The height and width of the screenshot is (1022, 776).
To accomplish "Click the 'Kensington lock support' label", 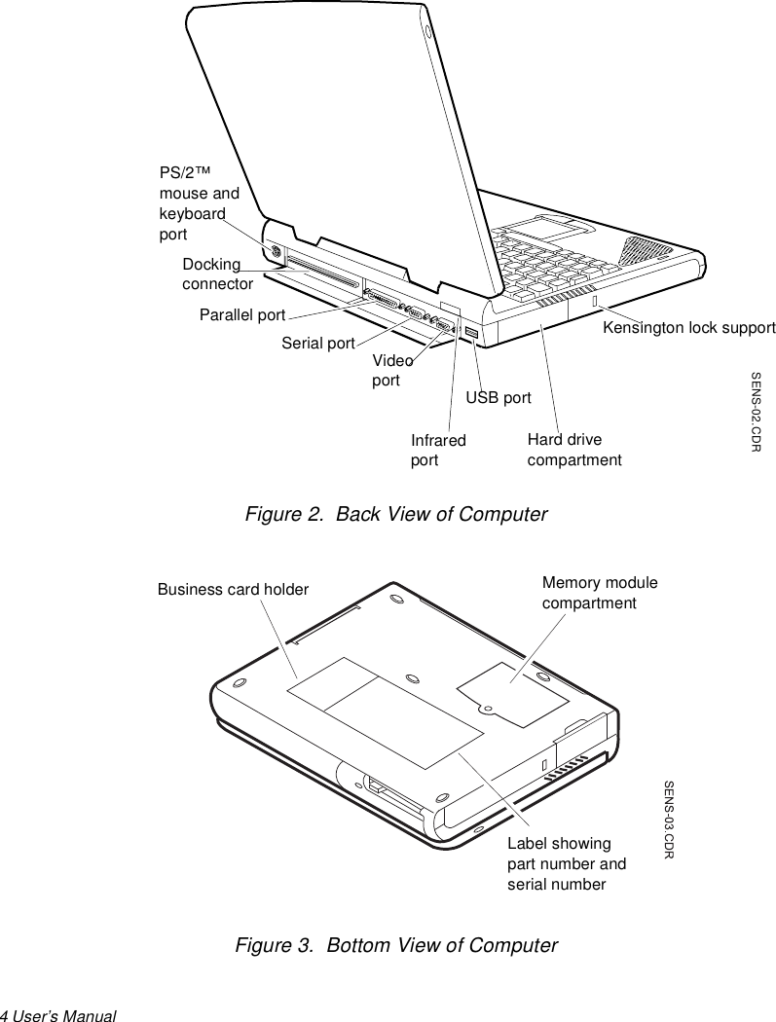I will pyautogui.click(x=688, y=328).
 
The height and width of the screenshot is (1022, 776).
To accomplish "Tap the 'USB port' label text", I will pyautogui.click(x=499, y=397).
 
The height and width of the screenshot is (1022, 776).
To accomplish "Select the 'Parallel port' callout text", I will pyautogui.click(x=242, y=315).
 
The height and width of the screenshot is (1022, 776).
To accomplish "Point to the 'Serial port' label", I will pyautogui.click(x=318, y=343).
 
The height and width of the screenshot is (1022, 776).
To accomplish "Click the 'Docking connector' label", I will pyautogui.click(x=217, y=274).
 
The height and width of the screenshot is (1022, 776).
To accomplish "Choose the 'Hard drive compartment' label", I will pyautogui.click(x=574, y=450).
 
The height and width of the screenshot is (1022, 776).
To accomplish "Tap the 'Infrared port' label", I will pyautogui.click(x=438, y=451).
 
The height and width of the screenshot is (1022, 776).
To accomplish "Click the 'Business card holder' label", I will pyautogui.click(x=233, y=589).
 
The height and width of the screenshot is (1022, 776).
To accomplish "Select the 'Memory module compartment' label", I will pyautogui.click(x=600, y=593).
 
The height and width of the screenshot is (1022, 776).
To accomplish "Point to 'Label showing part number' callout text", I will pyautogui.click(x=567, y=863).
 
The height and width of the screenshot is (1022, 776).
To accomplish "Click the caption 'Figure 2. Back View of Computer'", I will pyautogui.click(x=395, y=514).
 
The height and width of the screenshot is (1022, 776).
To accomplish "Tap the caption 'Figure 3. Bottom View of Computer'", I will pyautogui.click(x=396, y=946).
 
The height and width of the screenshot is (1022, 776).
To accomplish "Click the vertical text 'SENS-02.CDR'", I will pyautogui.click(x=756, y=411).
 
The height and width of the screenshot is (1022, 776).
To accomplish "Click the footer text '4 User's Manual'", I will pyautogui.click(x=58, y=1015).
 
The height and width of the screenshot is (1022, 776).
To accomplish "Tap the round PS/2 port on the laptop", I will pyautogui.click(x=276, y=252).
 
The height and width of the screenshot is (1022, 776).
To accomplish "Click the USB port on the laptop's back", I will pyautogui.click(x=471, y=335).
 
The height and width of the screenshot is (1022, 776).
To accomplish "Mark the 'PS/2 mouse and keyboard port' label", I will pyautogui.click(x=200, y=203).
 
